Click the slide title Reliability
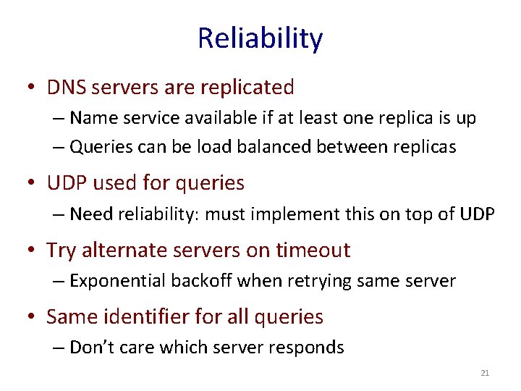pyautogui.click(x=260, y=38)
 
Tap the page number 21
pyautogui.click(x=485, y=373)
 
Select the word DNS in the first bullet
pyautogui.click(x=64, y=88)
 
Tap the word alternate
pyautogui.click(x=126, y=251)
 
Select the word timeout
pyautogui.click(x=310, y=251)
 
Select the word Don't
pyautogui.click(x=89, y=347)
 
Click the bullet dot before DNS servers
pyautogui.click(x=33, y=88)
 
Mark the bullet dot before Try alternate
pyautogui.click(x=33, y=251)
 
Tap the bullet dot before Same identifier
pyautogui.click(x=33, y=317)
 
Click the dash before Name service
pyautogui.click(x=59, y=119)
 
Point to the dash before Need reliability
pyautogui.click(x=59, y=215)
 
